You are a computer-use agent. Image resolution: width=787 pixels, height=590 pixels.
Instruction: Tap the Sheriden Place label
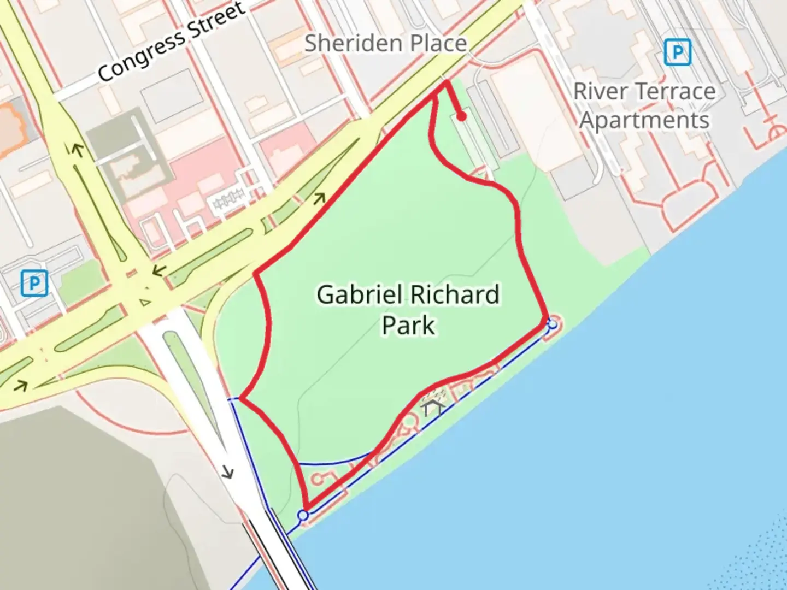385,43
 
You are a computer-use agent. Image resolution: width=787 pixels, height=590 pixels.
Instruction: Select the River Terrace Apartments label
644,105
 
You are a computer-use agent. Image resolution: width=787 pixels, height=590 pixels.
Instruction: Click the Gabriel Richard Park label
408,309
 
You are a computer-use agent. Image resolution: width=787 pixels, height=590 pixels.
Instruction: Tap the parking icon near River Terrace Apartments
678,52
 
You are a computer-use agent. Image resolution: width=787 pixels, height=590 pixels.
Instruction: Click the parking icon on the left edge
34,283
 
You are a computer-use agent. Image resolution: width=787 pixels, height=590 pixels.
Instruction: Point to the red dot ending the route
461,116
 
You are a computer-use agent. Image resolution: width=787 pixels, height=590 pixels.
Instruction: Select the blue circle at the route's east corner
553,324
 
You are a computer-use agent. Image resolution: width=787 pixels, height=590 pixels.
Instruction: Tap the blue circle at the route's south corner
303,515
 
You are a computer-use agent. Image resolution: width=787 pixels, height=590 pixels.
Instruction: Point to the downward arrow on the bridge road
228,471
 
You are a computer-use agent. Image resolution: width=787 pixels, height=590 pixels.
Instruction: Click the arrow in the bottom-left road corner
21,386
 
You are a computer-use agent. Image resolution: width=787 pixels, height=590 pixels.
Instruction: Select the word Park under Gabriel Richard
408,325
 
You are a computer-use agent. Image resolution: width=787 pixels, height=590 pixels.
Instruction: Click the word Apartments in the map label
644,120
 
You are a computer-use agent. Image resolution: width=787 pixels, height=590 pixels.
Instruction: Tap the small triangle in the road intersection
144,302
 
